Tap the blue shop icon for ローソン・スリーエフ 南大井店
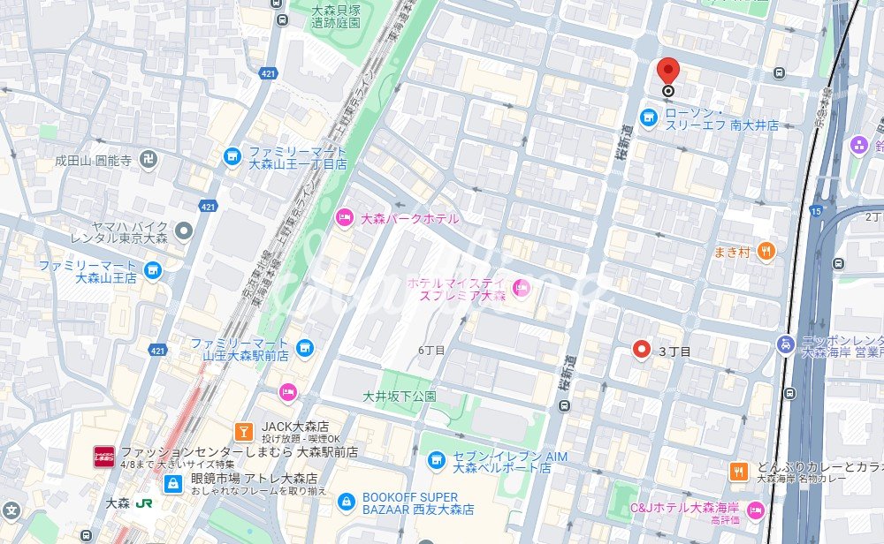649,117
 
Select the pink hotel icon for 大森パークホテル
344,217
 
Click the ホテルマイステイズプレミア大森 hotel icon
521,286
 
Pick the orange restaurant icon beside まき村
766,252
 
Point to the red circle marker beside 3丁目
642,351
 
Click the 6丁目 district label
431,351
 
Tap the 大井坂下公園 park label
400,397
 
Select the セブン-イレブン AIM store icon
436,460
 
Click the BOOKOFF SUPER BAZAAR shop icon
347,502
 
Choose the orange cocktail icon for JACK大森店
242,430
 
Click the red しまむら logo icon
103,456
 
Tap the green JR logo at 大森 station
143,503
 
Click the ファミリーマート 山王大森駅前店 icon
305,348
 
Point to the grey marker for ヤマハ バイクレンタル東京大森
184,231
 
